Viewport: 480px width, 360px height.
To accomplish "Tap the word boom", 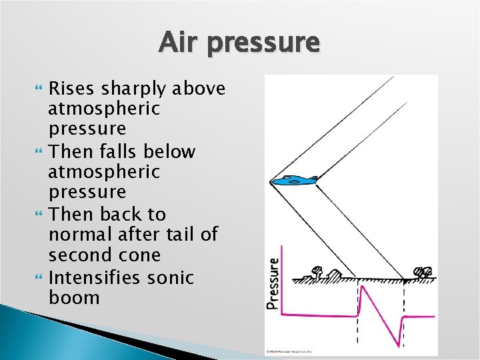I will click(74, 297).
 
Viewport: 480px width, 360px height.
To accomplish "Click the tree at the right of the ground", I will click(422, 272).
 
